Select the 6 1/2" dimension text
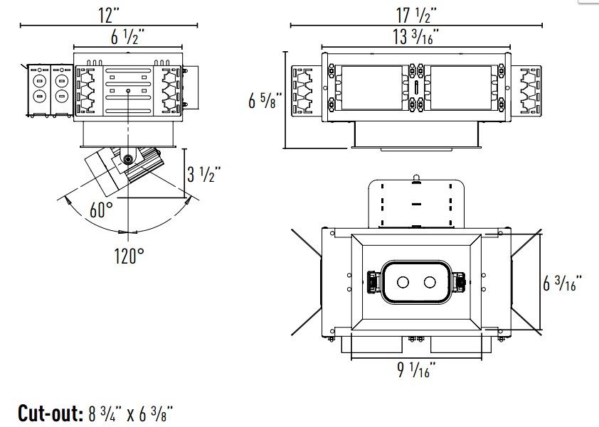tap(129, 38)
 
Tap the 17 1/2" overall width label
tap(413, 13)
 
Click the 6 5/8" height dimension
tap(264, 101)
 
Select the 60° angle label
tap(102, 210)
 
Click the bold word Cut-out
tap(50, 413)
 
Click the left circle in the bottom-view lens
tap(403, 283)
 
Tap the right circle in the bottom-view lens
tap(430, 283)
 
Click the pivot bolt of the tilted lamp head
tap(128, 158)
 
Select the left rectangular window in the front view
tap(370, 88)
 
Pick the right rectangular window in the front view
tap(462, 88)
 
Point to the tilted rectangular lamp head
tap(107, 171)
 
